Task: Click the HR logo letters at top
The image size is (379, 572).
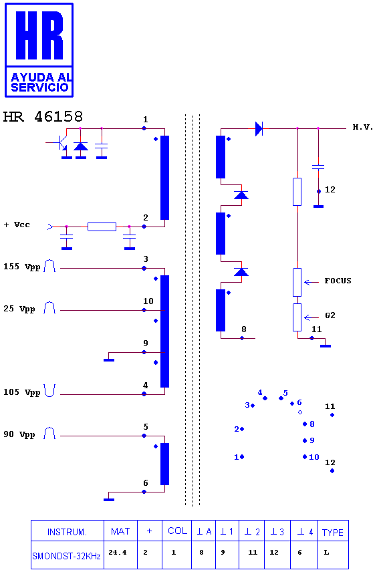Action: click(x=39, y=35)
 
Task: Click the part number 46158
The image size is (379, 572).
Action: click(x=58, y=117)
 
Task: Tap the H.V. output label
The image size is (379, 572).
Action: click(x=362, y=127)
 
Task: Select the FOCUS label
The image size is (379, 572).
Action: click(x=338, y=281)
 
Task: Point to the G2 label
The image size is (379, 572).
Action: click(x=330, y=315)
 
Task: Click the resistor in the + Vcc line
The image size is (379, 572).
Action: click(x=102, y=227)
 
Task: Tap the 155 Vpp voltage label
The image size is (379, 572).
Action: click(x=21, y=267)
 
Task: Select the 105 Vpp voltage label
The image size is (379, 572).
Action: click(x=21, y=392)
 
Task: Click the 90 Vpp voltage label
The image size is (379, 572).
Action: click(x=19, y=434)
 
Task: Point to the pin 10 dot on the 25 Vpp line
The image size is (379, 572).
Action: click(x=144, y=310)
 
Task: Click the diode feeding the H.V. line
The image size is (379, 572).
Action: click(x=259, y=128)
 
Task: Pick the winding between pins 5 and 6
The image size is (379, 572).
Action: click(x=165, y=464)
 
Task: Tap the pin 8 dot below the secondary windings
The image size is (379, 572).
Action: click(x=242, y=338)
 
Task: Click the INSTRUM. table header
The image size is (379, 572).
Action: click(x=67, y=532)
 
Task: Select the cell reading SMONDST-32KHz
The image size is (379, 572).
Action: click(x=66, y=556)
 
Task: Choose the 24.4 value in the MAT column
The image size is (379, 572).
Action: click(x=118, y=553)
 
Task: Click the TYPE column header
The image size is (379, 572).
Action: click(x=333, y=533)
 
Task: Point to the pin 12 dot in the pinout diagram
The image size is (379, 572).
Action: click(x=332, y=470)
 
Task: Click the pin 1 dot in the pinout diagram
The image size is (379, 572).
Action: click(x=242, y=456)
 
